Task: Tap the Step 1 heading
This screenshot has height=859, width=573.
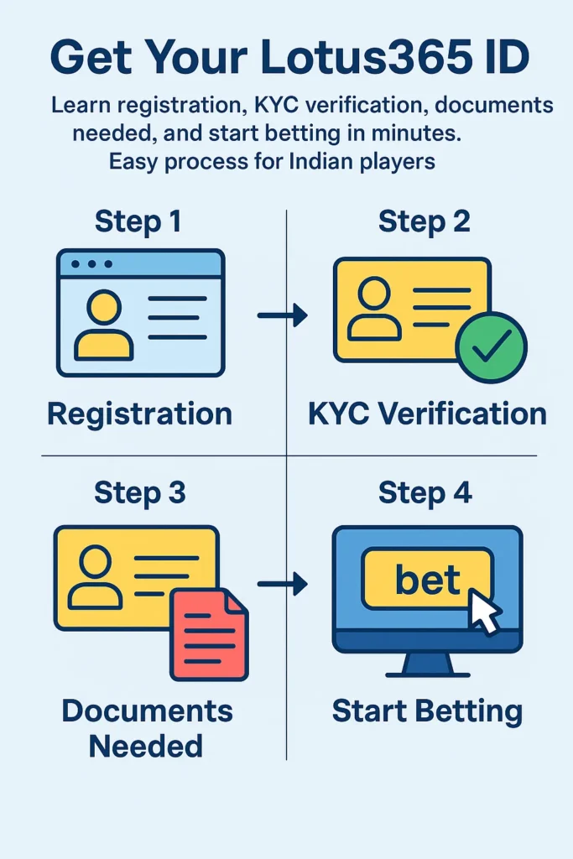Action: click(x=138, y=221)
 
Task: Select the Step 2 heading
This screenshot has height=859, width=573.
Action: click(x=424, y=221)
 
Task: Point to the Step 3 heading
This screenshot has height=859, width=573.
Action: click(x=140, y=492)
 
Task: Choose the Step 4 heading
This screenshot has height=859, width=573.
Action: click(x=425, y=492)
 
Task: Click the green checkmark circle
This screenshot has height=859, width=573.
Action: click(x=491, y=347)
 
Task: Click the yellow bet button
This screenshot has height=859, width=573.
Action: click(x=427, y=578)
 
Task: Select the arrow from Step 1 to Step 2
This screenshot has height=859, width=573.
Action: click(x=282, y=315)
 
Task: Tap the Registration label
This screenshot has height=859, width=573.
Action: click(x=139, y=414)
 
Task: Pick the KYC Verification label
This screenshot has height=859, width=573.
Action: click(x=427, y=414)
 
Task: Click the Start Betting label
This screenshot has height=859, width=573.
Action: click(x=427, y=711)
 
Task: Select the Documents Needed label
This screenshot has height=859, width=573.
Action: click(x=147, y=728)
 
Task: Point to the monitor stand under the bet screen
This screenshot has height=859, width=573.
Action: click(x=426, y=665)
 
